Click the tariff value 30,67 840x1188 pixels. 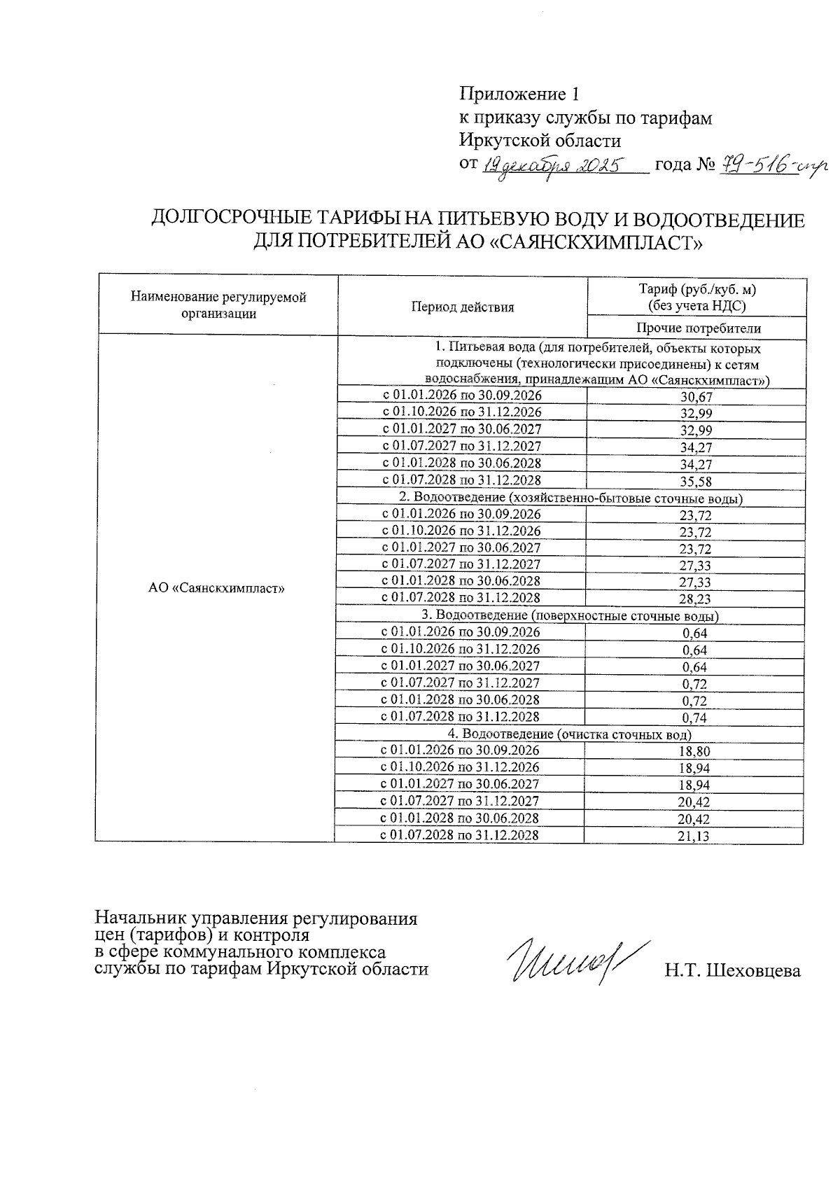coord(696,397)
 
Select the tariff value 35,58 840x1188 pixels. coord(696,482)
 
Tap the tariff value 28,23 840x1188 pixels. coord(696,599)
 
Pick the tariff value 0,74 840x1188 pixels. coord(694,718)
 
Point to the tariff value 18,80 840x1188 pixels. coord(694,752)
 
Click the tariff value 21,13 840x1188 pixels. coord(694,836)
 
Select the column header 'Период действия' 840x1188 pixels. coord(462,307)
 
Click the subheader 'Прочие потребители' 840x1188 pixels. coord(698,328)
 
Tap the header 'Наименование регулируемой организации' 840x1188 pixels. coord(218,305)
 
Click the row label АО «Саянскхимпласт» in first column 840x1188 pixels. coord(216,589)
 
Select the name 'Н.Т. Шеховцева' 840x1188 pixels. coord(732,970)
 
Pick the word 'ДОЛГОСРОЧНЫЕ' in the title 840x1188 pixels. coord(231,220)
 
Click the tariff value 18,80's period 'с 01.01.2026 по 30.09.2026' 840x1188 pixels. coord(459,750)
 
